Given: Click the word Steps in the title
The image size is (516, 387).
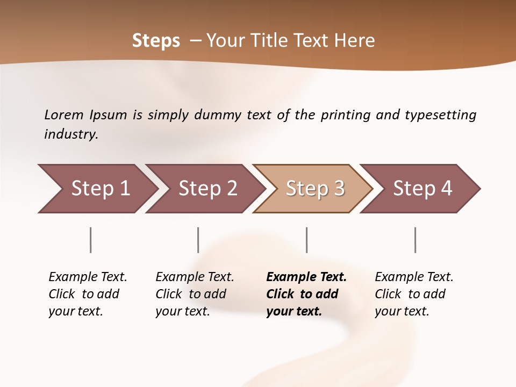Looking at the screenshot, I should tap(156, 41).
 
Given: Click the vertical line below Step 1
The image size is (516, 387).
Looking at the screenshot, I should tap(91, 240).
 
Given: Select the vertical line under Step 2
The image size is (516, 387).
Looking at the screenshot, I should tap(198, 240).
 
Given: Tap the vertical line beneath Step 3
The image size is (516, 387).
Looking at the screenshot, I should tap(306, 240).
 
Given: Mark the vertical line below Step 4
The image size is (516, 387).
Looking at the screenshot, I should tap(415, 240).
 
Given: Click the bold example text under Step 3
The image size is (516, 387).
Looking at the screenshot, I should tap(306, 294).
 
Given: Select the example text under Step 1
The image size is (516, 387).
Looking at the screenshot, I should tap(87, 294).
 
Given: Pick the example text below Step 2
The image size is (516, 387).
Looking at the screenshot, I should tap(194, 294).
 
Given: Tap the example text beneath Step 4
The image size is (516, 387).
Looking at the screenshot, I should tap(413, 294).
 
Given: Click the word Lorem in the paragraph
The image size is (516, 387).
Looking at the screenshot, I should tap(63, 115).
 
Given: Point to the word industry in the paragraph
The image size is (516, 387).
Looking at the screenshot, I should tap(71, 134).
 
